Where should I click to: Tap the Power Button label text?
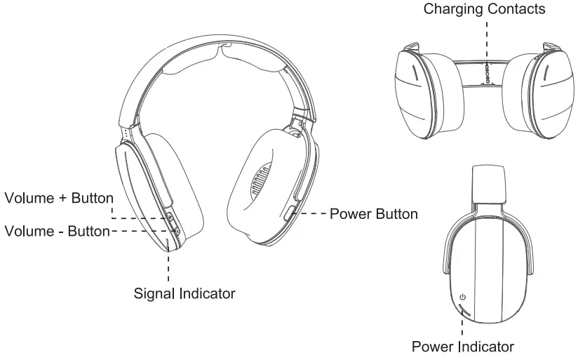tap(374, 214)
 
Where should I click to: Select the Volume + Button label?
tap(59, 198)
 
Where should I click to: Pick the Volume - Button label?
tap(57, 230)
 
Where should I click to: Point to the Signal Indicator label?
tap(184, 293)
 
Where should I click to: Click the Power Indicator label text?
tap(462, 347)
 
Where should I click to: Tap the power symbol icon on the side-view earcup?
tap(462, 297)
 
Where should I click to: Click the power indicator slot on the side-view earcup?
tap(462, 309)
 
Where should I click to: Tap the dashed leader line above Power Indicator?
tap(462, 326)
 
